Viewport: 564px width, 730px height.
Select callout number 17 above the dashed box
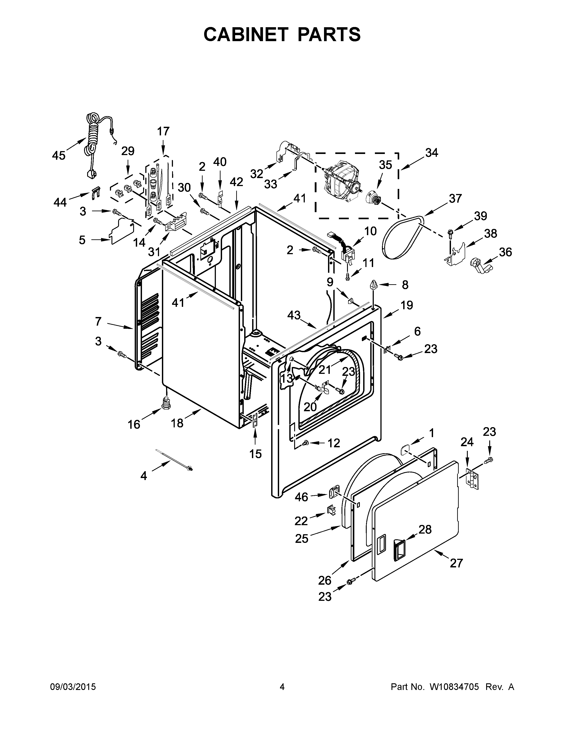click(163, 131)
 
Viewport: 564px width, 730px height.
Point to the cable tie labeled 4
click(174, 460)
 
